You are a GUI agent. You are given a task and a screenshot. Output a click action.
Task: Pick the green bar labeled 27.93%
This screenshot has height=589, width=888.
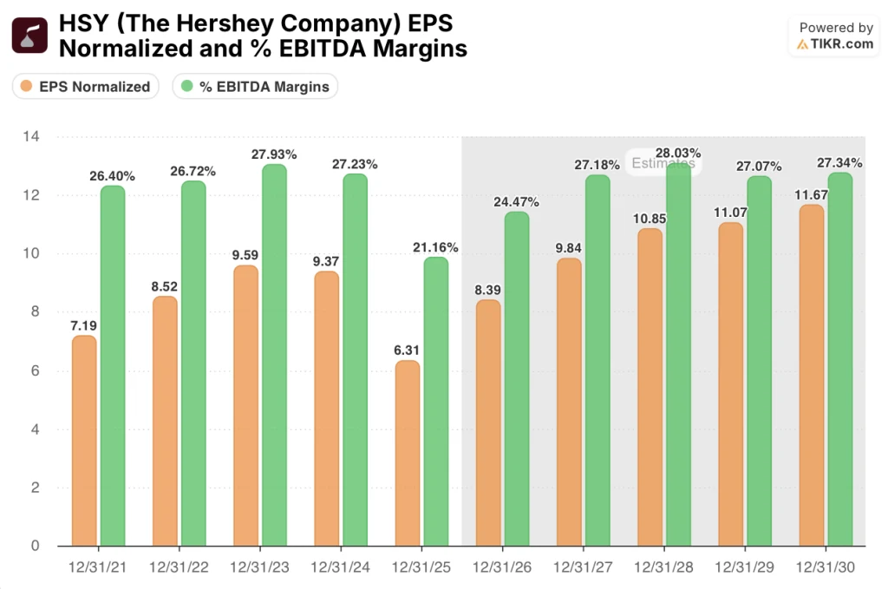tap(274, 356)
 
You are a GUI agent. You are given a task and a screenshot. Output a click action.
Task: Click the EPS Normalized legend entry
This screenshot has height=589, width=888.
tap(85, 86)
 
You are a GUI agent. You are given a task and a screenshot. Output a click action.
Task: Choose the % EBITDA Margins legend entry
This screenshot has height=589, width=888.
tap(255, 86)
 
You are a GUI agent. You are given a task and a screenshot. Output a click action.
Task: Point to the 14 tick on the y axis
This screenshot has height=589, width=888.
tap(32, 137)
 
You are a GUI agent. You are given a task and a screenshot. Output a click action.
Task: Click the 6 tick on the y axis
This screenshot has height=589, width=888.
tap(36, 371)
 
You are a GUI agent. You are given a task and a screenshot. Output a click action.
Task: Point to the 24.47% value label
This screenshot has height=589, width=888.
tap(516, 201)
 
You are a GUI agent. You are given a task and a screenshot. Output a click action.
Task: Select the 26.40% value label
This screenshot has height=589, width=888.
tap(112, 176)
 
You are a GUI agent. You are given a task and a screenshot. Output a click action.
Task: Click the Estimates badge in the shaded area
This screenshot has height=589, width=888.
tap(663, 163)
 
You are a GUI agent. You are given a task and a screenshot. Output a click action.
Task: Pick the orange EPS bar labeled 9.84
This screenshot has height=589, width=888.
tap(569, 402)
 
